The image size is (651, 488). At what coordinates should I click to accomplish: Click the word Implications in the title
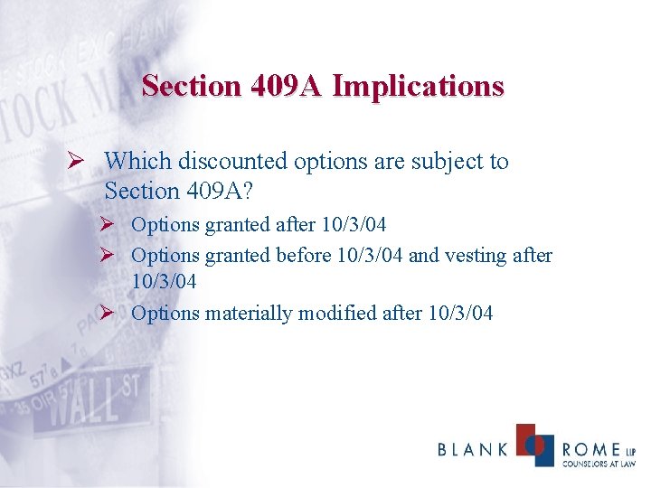click(418, 86)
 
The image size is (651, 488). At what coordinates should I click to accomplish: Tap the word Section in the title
click(190, 86)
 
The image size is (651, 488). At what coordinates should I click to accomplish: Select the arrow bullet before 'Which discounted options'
click(80, 162)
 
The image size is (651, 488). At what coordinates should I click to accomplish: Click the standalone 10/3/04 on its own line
click(164, 282)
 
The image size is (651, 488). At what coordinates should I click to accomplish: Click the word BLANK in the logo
click(473, 449)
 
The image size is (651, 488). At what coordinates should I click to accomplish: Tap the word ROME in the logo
click(591, 449)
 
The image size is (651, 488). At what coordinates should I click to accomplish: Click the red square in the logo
click(528, 436)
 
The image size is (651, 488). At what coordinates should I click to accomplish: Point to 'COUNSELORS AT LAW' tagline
click(599, 464)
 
